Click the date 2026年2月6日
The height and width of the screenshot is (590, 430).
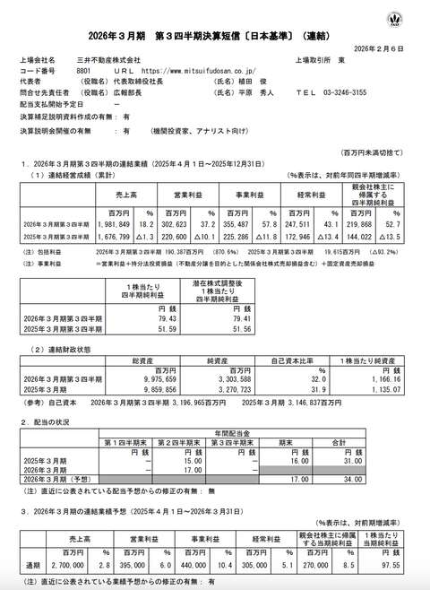tap(393, 48)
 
